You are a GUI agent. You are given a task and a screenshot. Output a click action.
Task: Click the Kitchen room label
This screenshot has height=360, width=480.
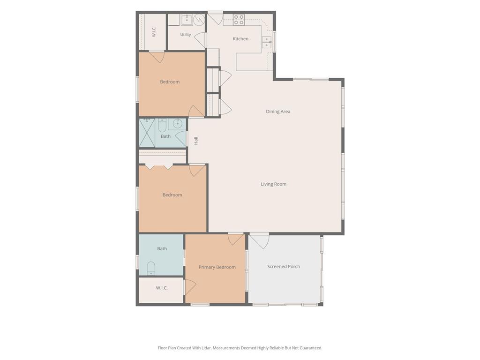[x=240, y=39]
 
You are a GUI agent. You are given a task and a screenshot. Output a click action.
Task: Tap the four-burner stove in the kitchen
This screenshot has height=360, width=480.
[x=239, y=20]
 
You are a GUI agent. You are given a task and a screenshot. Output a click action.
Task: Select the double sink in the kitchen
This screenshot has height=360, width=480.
[x=267, y=42]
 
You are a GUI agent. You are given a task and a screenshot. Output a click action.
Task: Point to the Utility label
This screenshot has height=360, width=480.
[x=186, y=35]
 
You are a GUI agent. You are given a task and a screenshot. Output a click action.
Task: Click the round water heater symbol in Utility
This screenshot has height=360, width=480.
[x=199, y=20]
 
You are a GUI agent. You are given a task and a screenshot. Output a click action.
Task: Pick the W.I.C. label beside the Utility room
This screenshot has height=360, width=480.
[x=154, y=32]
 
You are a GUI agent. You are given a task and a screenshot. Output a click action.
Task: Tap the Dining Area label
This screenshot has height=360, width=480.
[x=278, y=112]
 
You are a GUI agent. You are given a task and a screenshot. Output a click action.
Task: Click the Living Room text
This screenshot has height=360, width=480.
[x=273, y=184]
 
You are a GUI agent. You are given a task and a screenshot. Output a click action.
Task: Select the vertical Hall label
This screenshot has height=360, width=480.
[x=196, y=141]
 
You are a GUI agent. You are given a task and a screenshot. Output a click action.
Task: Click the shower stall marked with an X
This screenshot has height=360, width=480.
[x=147, y=133]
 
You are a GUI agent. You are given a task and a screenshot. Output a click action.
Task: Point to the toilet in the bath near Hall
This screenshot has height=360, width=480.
[x=162, y=125]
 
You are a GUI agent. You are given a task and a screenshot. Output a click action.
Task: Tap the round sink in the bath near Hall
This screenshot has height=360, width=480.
[x=177, y=124]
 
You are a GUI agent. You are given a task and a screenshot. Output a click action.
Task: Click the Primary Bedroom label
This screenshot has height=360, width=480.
[x=217, y=267]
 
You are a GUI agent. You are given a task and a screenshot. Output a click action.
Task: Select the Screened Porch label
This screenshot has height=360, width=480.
[x=284, y=267]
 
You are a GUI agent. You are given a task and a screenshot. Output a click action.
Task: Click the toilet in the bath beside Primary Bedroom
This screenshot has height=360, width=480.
[x=151, y=268]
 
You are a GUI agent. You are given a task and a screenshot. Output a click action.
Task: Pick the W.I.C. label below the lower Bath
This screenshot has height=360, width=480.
[x=162, y=288]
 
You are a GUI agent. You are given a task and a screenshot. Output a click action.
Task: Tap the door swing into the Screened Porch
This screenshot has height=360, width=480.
[x=260, y=240]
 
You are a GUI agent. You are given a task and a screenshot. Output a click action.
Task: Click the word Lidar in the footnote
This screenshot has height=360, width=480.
[x=206, y=348]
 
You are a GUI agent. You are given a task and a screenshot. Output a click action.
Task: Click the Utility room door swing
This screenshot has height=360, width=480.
[x=200, y=39]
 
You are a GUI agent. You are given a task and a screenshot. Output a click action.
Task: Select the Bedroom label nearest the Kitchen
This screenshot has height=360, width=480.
[x=170, y=82]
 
